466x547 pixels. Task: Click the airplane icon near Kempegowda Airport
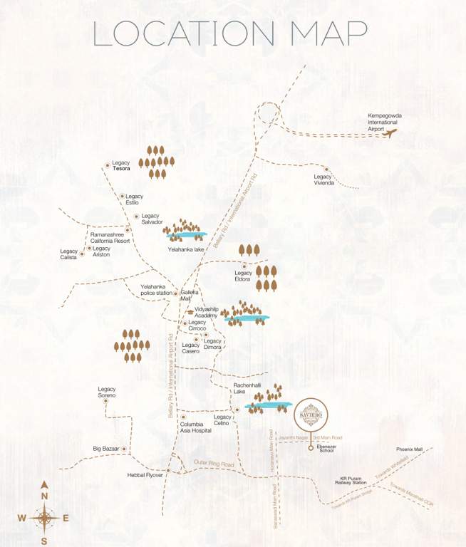click(x=390, y=132)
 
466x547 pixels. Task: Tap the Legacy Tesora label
click(x=121, y=166)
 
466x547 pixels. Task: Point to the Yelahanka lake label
click(x=185, y=249)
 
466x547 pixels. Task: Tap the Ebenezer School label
click(x=326, y=448)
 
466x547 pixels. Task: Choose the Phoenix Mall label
click(x=410, y=449)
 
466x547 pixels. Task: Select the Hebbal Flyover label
click(x=145, y=474)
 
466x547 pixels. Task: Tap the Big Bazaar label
click(x=106, y=449)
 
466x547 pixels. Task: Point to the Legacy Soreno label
click(x=107, y=392)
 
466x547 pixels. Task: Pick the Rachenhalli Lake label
click(x=239, y=388)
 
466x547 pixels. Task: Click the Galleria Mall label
click(x=190, y=296)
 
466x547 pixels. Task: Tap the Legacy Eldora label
click(x=243, y=276)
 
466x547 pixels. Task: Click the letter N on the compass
click(x=43, y=496)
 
